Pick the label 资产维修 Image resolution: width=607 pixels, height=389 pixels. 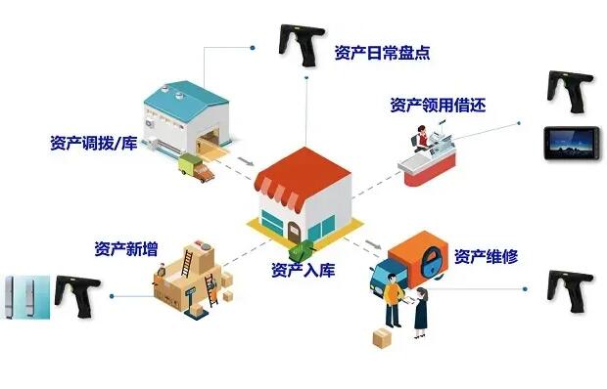point(486,256)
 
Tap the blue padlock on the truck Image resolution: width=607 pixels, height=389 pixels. point(432,260)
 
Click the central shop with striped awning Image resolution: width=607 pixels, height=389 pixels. point(301,194)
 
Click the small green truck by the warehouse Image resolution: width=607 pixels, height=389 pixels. point(196,171)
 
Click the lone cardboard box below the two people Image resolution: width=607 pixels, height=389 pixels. point(380,338)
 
